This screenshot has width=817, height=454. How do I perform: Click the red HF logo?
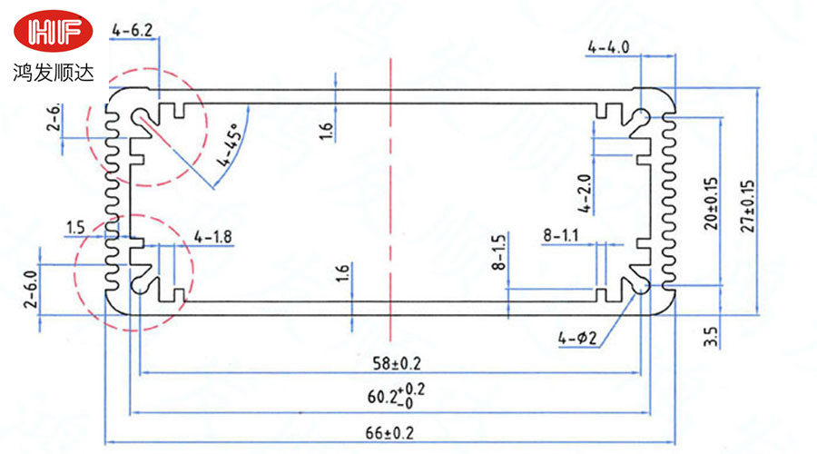click(x=54, y=33)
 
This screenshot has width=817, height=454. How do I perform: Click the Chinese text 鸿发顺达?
click(x=54, y=71)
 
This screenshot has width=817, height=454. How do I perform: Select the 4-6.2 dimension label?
click(x=132, y=31)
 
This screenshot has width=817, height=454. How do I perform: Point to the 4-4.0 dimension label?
click(x=608, y=46)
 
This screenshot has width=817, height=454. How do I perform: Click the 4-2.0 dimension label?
click(x=585, y=192)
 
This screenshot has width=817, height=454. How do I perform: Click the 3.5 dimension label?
click(x=711, y=337)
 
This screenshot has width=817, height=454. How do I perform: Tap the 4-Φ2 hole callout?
click(x=577, y=340)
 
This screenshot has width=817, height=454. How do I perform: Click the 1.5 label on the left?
click(x=75, y=226)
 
